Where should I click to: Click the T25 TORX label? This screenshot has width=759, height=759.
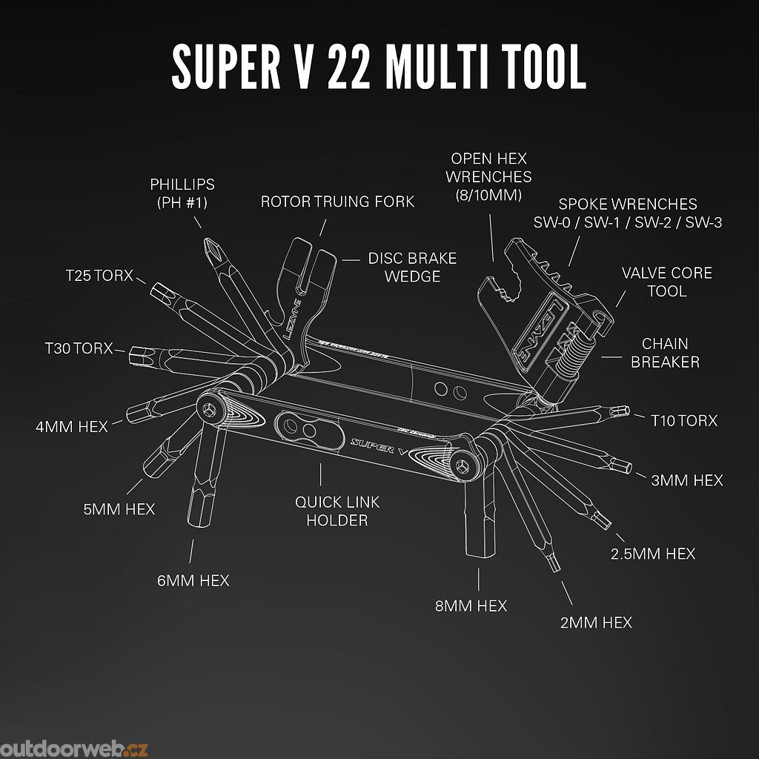(x=99, y=276)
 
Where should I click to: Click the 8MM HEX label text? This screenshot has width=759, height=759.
(x=471, y=606)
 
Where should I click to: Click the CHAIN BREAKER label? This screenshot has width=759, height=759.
(x=665, y=353)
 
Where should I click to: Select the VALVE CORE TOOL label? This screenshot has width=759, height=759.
(x=666, y=282)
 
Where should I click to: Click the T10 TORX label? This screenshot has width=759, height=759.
(x=684, y=420)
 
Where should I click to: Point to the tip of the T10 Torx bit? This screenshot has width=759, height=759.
(x=624, y=411)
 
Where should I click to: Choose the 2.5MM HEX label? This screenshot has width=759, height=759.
(x=652, y=554)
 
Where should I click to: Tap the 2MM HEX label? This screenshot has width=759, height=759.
(x=597, y=623)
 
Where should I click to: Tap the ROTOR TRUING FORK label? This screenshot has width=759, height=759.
(x=337, y=202)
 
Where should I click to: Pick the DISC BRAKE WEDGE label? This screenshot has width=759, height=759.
(x=412, y=267)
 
